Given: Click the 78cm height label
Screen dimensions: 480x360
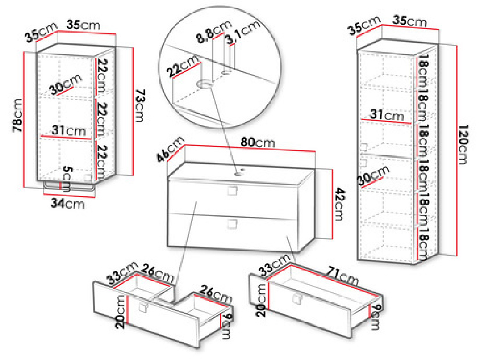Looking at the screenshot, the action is pos(17,115).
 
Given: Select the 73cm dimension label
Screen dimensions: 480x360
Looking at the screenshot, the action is pos(140,105).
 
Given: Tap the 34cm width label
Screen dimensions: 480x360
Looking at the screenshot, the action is pos(67,203).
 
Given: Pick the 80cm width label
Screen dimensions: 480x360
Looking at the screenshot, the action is pos(257,142).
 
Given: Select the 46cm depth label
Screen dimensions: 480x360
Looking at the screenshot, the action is pos(170,149).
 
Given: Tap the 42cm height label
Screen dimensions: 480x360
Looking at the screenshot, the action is pos(340,204).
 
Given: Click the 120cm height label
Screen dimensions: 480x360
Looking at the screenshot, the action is pos(463,144).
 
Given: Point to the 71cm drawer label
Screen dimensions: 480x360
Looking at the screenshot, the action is pos(342,275).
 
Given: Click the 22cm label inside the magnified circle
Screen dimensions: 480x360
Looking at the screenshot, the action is pos(183,66).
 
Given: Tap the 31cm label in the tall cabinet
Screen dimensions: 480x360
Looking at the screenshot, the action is pos(387,115).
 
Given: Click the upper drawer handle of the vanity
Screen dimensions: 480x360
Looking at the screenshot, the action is pos(232,191).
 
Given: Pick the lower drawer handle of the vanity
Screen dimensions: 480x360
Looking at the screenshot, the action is pos(232,224).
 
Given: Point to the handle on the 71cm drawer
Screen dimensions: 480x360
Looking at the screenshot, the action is pos(296,299).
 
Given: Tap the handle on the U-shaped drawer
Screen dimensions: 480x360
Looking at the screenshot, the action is pos(143,306).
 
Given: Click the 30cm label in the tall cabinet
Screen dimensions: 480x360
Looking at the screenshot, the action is pos(374,176).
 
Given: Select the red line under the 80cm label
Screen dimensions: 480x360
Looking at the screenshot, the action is pos(250,148).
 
